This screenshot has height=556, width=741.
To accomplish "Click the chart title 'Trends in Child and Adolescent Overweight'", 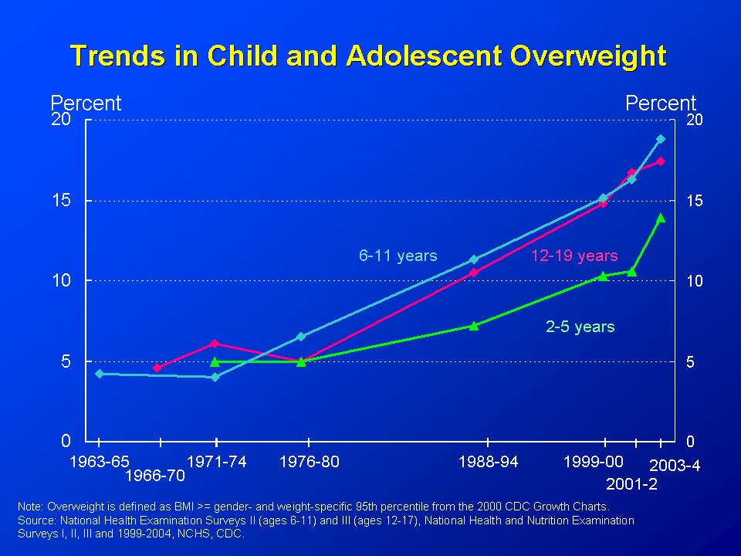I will [x=368, y=56].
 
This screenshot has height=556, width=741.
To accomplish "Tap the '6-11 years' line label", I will [x=398, y=256].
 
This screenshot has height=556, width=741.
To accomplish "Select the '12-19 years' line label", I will [x=574, y=256].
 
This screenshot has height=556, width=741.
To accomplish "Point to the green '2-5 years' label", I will [x=580, y=327].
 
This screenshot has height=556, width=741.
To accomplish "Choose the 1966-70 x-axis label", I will [x=155, y=476].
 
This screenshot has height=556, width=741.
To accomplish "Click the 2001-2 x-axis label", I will [x=631, y=484].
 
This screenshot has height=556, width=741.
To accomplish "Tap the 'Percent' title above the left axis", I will [x=86, y=103].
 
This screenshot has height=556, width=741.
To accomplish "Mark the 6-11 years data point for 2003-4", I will [x=661, y=139].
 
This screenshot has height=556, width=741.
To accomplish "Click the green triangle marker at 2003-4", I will [x=661, y=218].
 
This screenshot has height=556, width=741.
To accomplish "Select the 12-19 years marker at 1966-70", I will [x=157, y=368].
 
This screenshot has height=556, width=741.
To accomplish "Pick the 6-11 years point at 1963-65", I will [x=99, y=374].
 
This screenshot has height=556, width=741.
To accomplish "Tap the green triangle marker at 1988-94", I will [x=474, y=325].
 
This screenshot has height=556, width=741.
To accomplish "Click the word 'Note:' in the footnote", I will [x=31, y=507].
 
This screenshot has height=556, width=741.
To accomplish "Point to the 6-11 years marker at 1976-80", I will [x=301, y=337].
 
